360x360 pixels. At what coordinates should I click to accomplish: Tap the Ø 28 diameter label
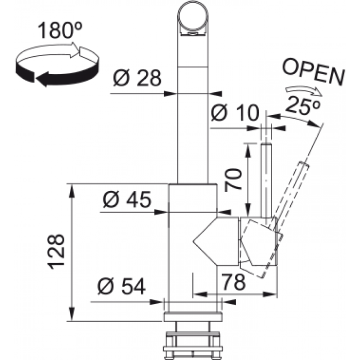pyautogui.click(x=137, y=79)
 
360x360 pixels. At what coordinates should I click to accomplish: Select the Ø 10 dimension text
pyautogui.click(x=235, y=113)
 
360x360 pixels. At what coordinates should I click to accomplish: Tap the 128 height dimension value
pyautogui.click(x=57, y=252)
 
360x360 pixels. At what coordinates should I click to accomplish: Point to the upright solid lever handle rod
pyautogui.click(x=266, y=180)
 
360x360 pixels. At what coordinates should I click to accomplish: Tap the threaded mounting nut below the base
pyautogui.click(x=193, y=342)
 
